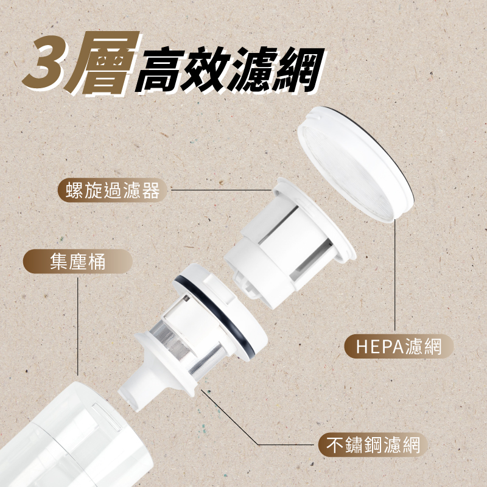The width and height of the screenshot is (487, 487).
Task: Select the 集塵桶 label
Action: coord(77,262)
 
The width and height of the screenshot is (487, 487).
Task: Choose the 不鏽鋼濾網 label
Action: coord(370,444)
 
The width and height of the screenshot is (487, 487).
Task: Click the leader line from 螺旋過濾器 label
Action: coord(219,191)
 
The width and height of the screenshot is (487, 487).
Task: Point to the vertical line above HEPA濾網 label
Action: coord(396,274)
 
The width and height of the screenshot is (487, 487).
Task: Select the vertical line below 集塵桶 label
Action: coord(79,323)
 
